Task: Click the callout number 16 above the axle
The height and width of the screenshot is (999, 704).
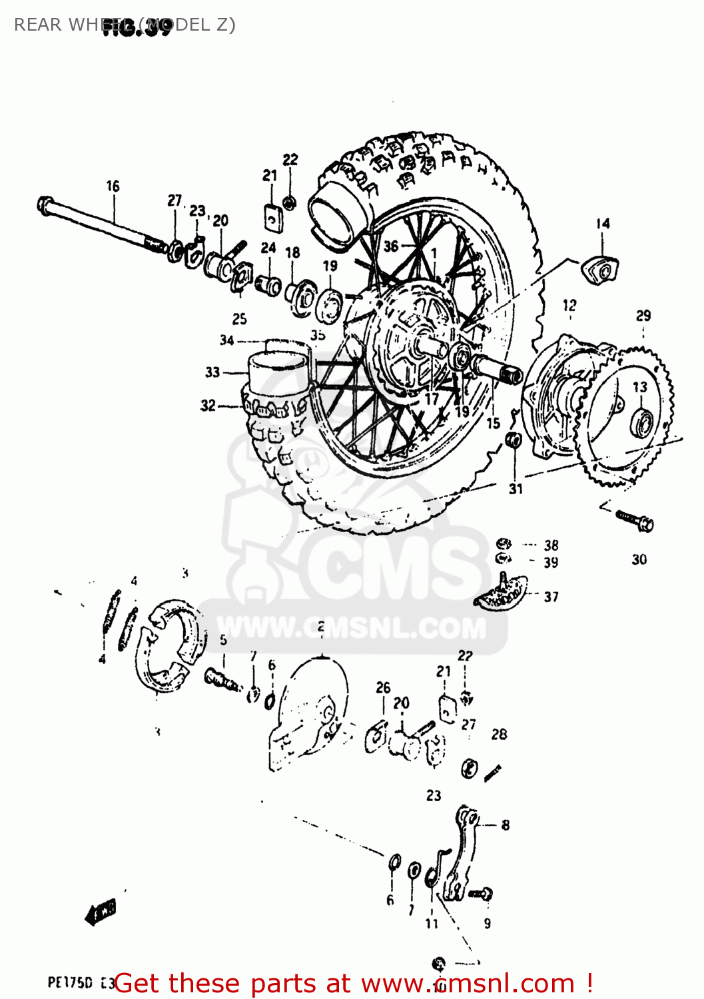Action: (x=113, y=186)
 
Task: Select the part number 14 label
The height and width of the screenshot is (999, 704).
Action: (x=602, y=224)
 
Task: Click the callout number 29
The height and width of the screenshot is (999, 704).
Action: (x=643, y=316)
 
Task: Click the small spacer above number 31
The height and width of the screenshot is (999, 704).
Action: (x=514, y=440)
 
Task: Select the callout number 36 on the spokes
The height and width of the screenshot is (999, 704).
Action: (x=391, y=246)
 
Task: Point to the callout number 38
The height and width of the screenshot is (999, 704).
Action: (x=551, y=545)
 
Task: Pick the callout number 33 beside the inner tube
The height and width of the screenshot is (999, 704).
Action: (x=212, y=372)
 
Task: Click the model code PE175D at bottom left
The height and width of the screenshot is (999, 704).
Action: (x=69, y=982)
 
